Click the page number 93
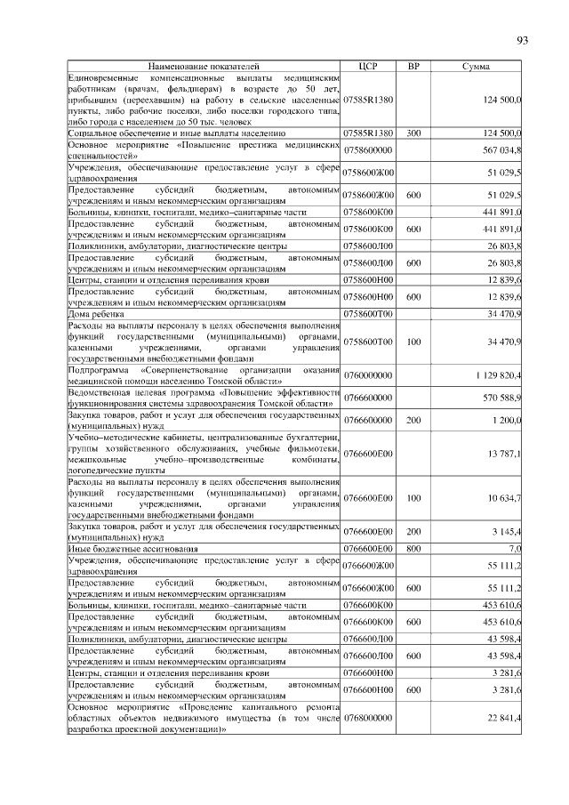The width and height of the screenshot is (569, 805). pyautogui.click(x=522, y=40)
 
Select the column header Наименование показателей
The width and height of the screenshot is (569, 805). pyautogui.click(x=204, y=66)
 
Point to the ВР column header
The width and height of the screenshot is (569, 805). pyautogui.click(x=413, y=66)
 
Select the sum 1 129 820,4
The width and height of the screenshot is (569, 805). pyautogui.click(x=498, y=375)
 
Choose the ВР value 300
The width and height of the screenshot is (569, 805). pyautogui.click(x=413, y=133)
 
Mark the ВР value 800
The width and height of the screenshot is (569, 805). pyautogui.click(x=413, y=549)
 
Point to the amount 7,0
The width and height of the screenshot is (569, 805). pyautogui.click(x=513, y=549)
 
